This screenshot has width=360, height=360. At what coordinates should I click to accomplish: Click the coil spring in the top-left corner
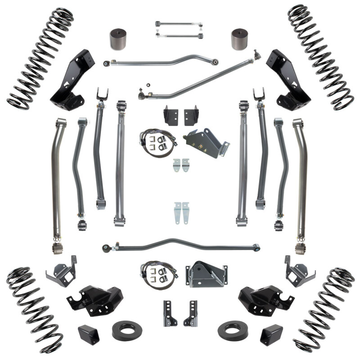pyautogui.click(x=40, y=58)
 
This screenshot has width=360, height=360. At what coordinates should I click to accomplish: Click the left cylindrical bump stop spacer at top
pyautogui.click(x=119, y=40)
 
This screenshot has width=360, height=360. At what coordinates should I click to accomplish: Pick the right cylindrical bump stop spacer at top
pyautogui.click(x=241, y=40)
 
